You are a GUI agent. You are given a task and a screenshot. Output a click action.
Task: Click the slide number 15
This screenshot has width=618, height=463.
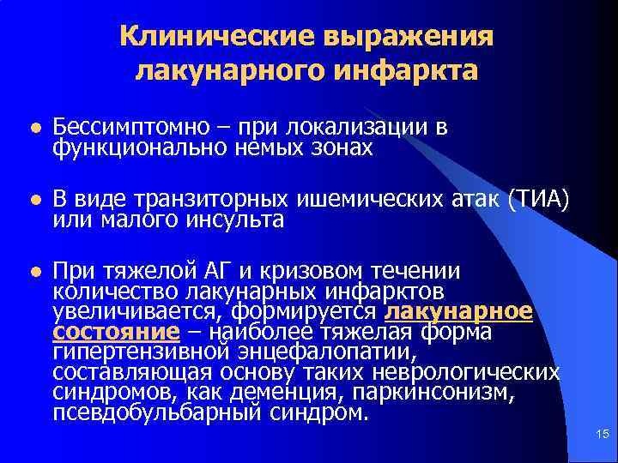601,436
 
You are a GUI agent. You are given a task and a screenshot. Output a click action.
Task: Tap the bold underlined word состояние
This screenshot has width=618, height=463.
116,331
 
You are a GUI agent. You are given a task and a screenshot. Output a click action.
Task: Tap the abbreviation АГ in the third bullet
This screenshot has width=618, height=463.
220,272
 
